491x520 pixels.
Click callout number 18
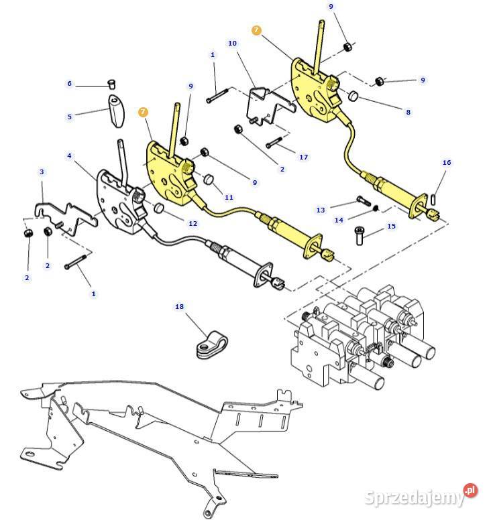coord(179,306)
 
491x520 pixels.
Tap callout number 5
coord(69,117)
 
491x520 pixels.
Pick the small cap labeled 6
coord(113,84)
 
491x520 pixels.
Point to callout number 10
coord(232,44)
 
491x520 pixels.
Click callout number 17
coord(304,157)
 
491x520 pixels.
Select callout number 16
coord(447,163)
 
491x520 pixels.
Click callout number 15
coord(392,226)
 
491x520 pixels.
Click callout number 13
coord(321,210)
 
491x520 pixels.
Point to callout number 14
coord(339,220)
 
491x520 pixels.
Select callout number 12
coord(193,223)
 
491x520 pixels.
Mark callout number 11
coord(229,197)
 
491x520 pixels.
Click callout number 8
coord(408,112)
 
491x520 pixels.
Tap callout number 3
coord(42,172)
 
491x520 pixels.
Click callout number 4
coord(69,156)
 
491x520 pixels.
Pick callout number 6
coord(69,84)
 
